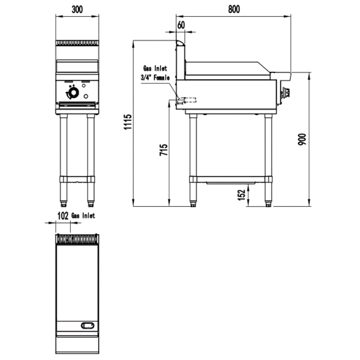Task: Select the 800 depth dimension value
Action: coord(234,9)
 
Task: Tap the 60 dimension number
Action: coord(181,25)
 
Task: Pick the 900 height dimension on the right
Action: coord(302,139)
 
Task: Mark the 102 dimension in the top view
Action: coord(63,216)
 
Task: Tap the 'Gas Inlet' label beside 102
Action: coord(83,216)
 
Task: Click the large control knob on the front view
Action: coord(73,94)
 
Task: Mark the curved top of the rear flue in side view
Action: coord(180,43)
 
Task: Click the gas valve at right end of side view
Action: coord(286,94)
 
